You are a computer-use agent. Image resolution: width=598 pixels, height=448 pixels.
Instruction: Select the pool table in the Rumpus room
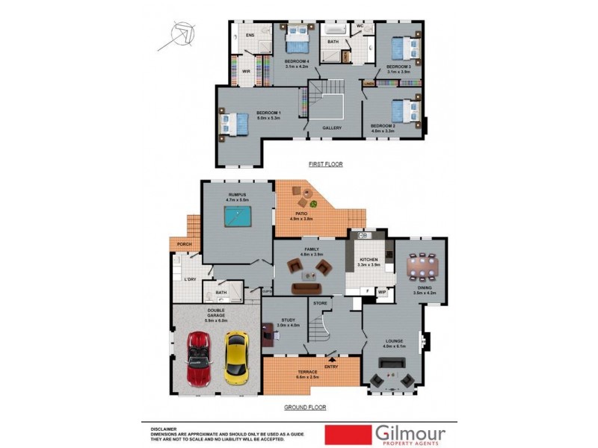pyautogui.click(x=237, y=217)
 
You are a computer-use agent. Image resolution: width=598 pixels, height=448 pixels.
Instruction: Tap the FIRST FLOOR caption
pyautogui.click(x=325, y=164)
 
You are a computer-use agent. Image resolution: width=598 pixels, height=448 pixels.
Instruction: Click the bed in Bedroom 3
pyautogui.click(x=404, y=48)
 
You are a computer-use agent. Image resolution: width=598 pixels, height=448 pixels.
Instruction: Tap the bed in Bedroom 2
pyautogui.click(x=404, y=111)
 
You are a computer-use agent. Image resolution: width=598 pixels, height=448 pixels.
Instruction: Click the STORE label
pyautogui.click(x=320, y=303)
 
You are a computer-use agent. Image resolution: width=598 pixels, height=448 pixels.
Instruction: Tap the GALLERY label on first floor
pyautogui.click(x=332, y=128)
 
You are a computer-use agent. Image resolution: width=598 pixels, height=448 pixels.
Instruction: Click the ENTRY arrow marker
pyautogui.click(x=331, y=359)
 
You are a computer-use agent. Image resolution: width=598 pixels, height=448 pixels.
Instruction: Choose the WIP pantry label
pyautogui.click(x=381, y=292)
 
